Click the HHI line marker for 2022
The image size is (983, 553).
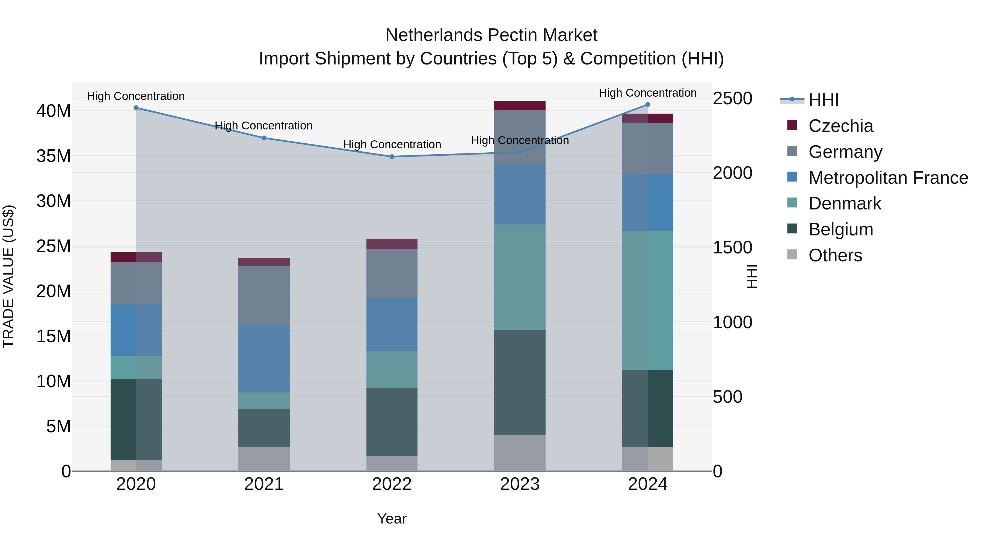[x=392, y=156]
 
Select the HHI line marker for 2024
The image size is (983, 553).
[x=648, y=105]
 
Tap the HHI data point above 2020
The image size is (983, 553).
[x=136, y=108]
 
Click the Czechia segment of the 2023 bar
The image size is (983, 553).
[x=520, y=106]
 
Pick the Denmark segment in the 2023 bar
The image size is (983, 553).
[x=520, y=277]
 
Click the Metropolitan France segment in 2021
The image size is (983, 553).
[x=264, y=359]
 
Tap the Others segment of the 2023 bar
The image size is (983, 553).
[x=520, y=453]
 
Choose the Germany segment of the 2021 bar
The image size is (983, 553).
[x=264, y=295]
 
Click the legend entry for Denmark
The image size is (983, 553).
[x=845, y=203]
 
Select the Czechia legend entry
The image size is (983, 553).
[x=840, y=126]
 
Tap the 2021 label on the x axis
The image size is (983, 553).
[x=264, y=484]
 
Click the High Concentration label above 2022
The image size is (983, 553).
[x=392, y=145]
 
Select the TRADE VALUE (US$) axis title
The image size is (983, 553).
[x=8, y=276]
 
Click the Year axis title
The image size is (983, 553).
[x=392, y=519]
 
